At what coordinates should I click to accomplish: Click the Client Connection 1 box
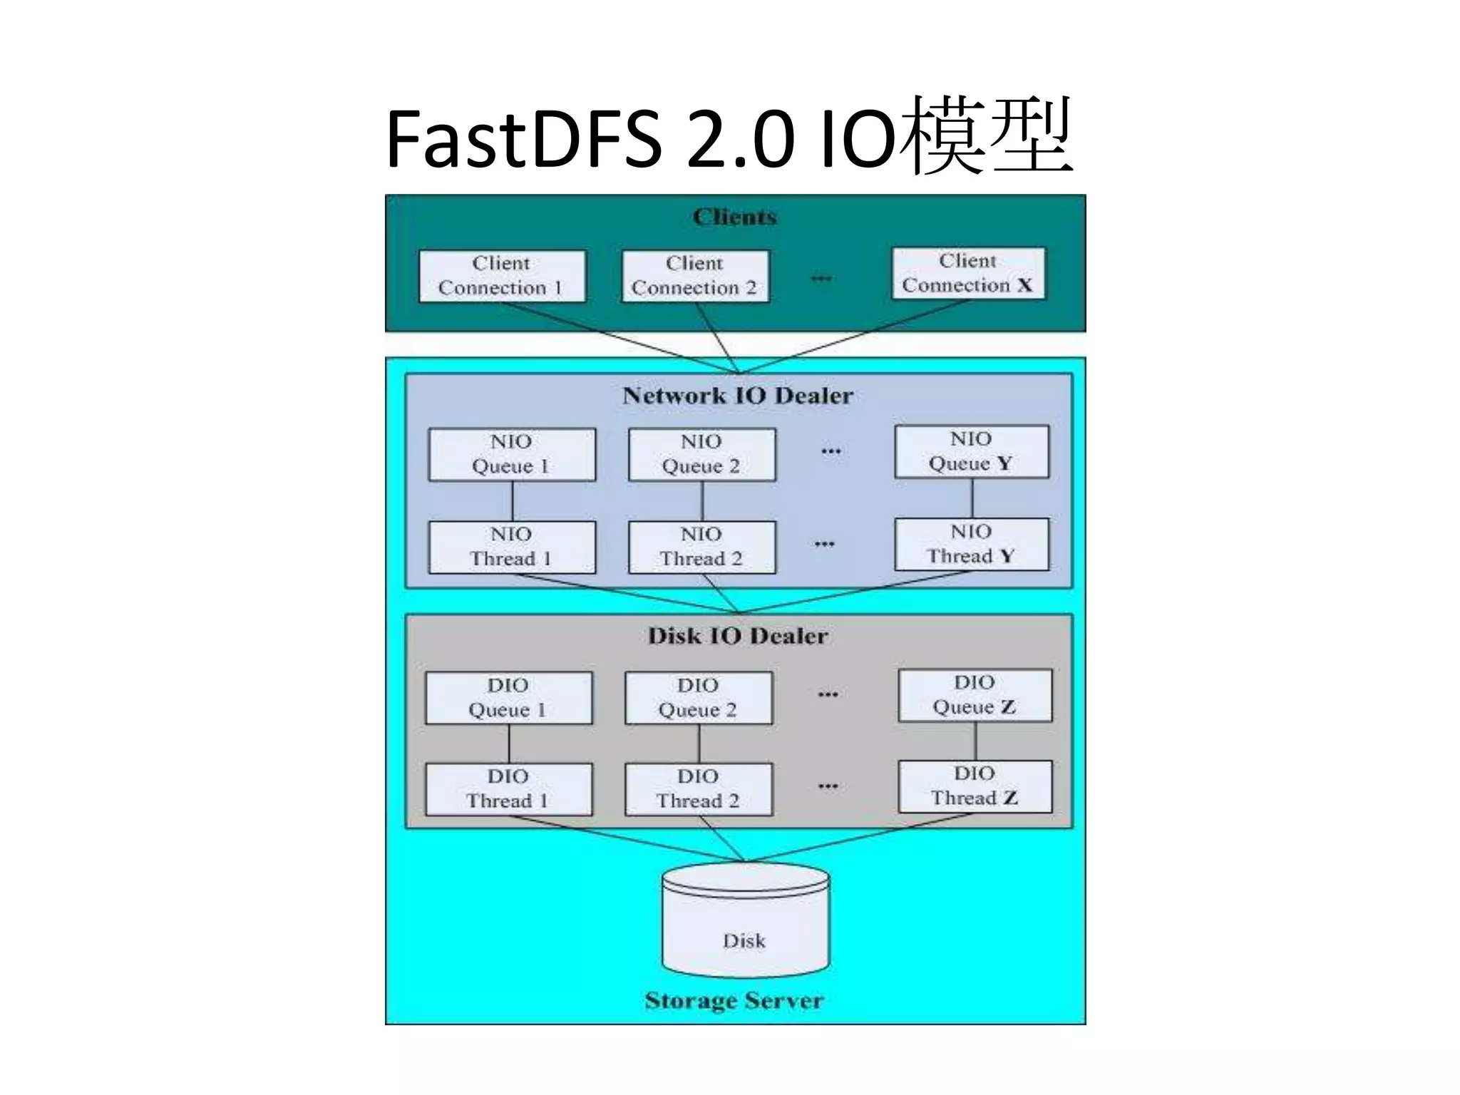click(x=502, y=276)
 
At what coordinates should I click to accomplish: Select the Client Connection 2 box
click(x=695, y=276)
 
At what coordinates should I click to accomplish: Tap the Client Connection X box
click(x=968, y=273)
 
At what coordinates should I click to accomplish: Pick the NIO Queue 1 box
click(x=511, y=454)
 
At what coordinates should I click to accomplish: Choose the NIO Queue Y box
click(x=972, y=451)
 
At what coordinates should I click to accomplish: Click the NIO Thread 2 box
click(x=701, y=547)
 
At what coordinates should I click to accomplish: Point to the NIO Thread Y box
click(x=972, y=544)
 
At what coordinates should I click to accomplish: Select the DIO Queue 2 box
click(x=698, y=698)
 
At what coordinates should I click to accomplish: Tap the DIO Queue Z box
click(x=975, y=695)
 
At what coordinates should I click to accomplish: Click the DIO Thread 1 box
click(x=508, y=789)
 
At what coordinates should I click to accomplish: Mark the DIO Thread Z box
click(x=975, y=786)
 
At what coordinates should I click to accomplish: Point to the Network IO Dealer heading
click(x=738, y=396)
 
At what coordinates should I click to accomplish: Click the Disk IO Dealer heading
click(x=738, y=636)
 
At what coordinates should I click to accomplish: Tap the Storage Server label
click(x=734, y=1000)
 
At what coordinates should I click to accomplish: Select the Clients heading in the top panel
click(x=734, y=217)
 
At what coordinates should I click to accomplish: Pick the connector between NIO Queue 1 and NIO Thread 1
click(x=513, y=501)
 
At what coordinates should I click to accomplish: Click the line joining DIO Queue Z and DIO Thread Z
click(x=976, y=741)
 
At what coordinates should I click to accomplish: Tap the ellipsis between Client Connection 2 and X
click(x=821, y=278)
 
